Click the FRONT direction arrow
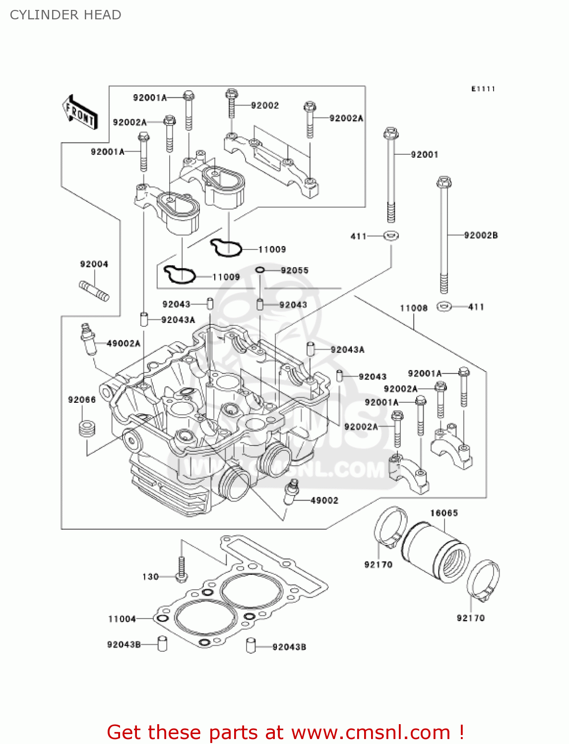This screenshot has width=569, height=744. (x=79, y=113)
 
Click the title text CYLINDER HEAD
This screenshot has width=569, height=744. (x=65, y=15)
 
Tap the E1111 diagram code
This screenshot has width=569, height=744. (x=483, y=89)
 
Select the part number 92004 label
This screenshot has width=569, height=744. (x=94, y=264)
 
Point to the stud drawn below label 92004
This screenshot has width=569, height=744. (x=94, y=291)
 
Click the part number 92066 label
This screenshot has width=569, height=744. (x=82, y=399)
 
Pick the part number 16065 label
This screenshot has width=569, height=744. (x=443, y=513)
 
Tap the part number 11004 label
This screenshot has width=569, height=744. (x=122, y=619)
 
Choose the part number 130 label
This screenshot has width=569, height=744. (x=150, y=576)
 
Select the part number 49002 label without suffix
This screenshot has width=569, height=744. (x=324, y=500)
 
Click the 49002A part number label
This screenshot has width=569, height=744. (x=124, y=343)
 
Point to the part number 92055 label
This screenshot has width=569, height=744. (x=294, y=270)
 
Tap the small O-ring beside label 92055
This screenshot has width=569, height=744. (x=260, y=270)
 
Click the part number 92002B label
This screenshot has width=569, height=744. (x=480, y=235)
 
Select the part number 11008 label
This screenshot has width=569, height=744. (x=413, y=308)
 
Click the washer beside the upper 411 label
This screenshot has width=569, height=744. (x=391, y=236)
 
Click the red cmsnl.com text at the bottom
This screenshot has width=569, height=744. (x=285, y=732)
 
